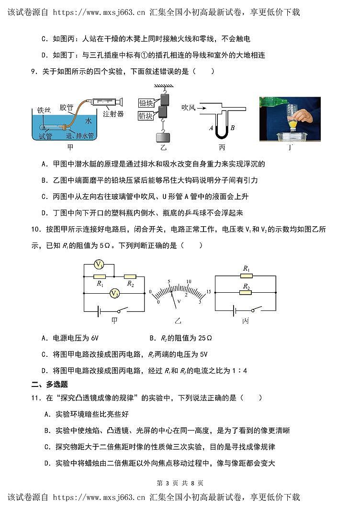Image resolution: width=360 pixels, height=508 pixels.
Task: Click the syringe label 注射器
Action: point(113,114)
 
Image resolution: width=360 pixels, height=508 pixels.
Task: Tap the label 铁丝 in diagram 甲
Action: point(44,110)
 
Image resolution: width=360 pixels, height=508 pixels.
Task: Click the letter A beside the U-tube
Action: point(211,128)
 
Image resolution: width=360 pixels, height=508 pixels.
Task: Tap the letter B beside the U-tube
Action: point(232,128)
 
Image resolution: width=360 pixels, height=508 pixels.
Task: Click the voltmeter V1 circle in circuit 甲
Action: point(99,265)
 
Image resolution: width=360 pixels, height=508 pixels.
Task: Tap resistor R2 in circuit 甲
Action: point(130,276)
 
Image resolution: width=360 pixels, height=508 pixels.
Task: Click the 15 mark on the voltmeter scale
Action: point(208,291)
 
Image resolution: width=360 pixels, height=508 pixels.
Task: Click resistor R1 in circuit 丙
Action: point(246,276)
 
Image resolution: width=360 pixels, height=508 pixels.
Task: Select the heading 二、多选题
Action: point(49,384)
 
